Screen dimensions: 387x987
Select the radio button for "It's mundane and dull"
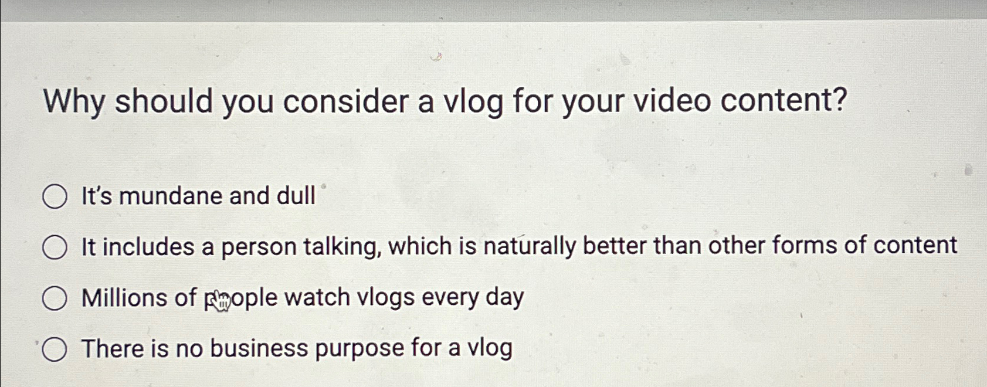[55, 196]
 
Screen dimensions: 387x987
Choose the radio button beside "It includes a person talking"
[55, 247]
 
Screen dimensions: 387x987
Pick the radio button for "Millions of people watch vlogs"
[55, 298]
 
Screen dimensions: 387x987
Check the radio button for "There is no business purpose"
[55, 349]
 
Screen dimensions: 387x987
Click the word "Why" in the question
[74, 102]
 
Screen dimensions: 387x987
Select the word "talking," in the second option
[342, 247]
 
